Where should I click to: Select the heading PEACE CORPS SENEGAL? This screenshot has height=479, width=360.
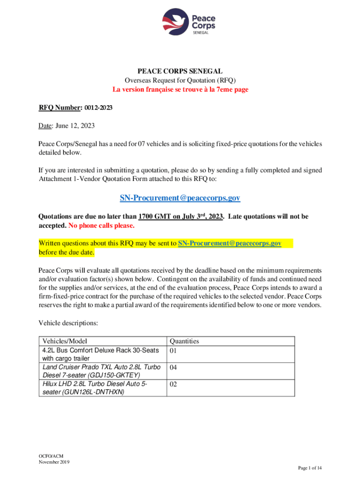coord(180,72)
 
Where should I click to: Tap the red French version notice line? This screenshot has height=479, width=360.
coord(180,89)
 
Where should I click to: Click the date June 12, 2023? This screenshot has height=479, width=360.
coord(76,126)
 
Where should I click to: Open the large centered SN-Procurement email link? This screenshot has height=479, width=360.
coord(180,198)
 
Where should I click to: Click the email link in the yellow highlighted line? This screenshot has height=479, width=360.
coord(230,244)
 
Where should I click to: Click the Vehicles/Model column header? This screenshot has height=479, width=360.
coord(65,341)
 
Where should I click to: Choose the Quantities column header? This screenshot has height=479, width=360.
coord(184,341)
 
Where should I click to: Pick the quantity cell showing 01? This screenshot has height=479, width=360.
coord(173,350)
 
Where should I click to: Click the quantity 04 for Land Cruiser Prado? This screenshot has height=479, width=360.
coord(173,368)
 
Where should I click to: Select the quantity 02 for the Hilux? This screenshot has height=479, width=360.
coord(173,385)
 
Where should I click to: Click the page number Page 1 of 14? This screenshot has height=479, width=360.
coord(310,468)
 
